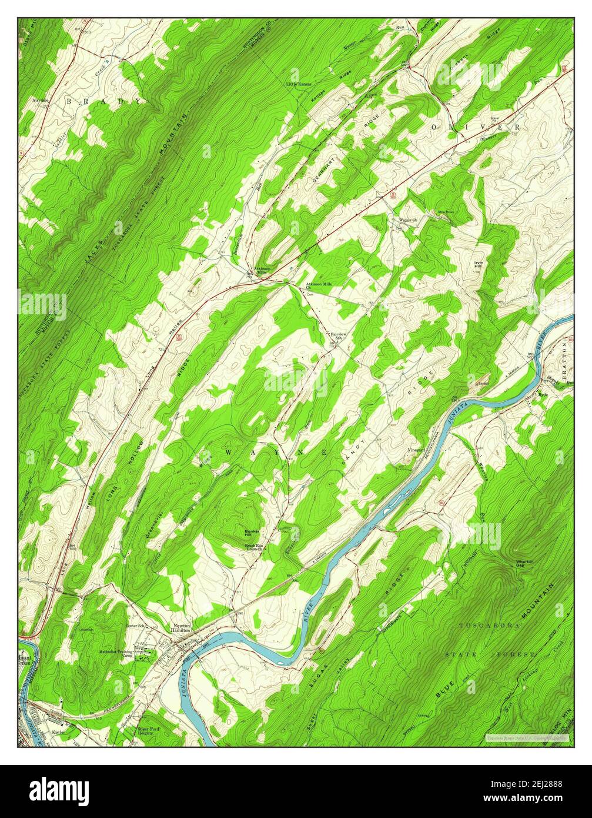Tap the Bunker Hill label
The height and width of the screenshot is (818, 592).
pos(252,533)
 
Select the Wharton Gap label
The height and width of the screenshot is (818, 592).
pos(525,563)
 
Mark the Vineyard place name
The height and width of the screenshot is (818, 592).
pos(416,450)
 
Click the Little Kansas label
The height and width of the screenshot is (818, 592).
pos(299,85)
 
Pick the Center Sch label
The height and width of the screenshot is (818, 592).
pos(136,626)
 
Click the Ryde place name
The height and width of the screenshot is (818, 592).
pos(543,394)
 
